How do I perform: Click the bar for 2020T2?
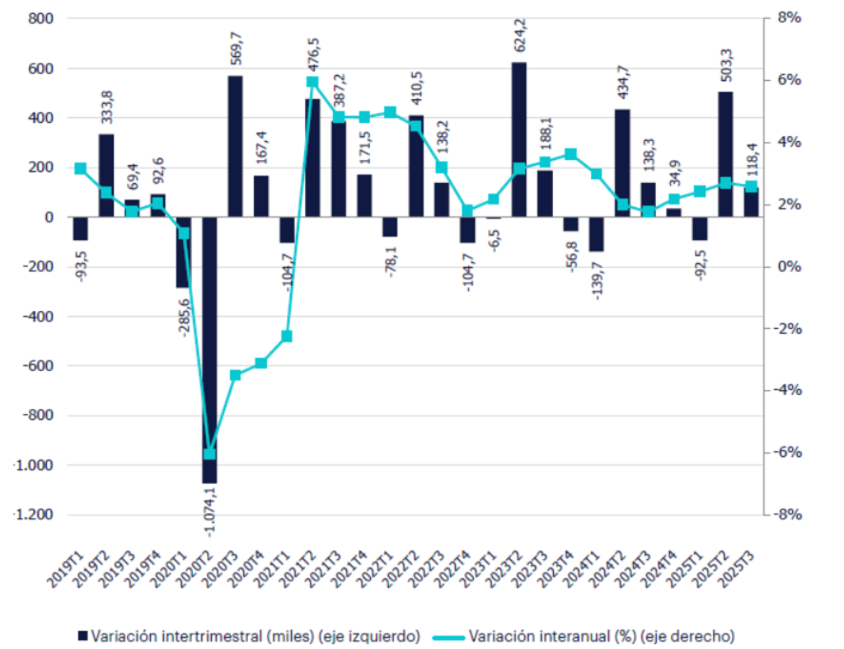[x=209, y=350]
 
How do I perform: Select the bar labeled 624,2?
[x=518, y=139]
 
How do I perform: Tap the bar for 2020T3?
[x=235, y=146]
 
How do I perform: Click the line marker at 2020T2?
[x=209, y=454]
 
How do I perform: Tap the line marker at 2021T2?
[x=312, y=82]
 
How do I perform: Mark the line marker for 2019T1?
[x=80, y=168]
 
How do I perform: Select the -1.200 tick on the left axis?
[x=33, y=515]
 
